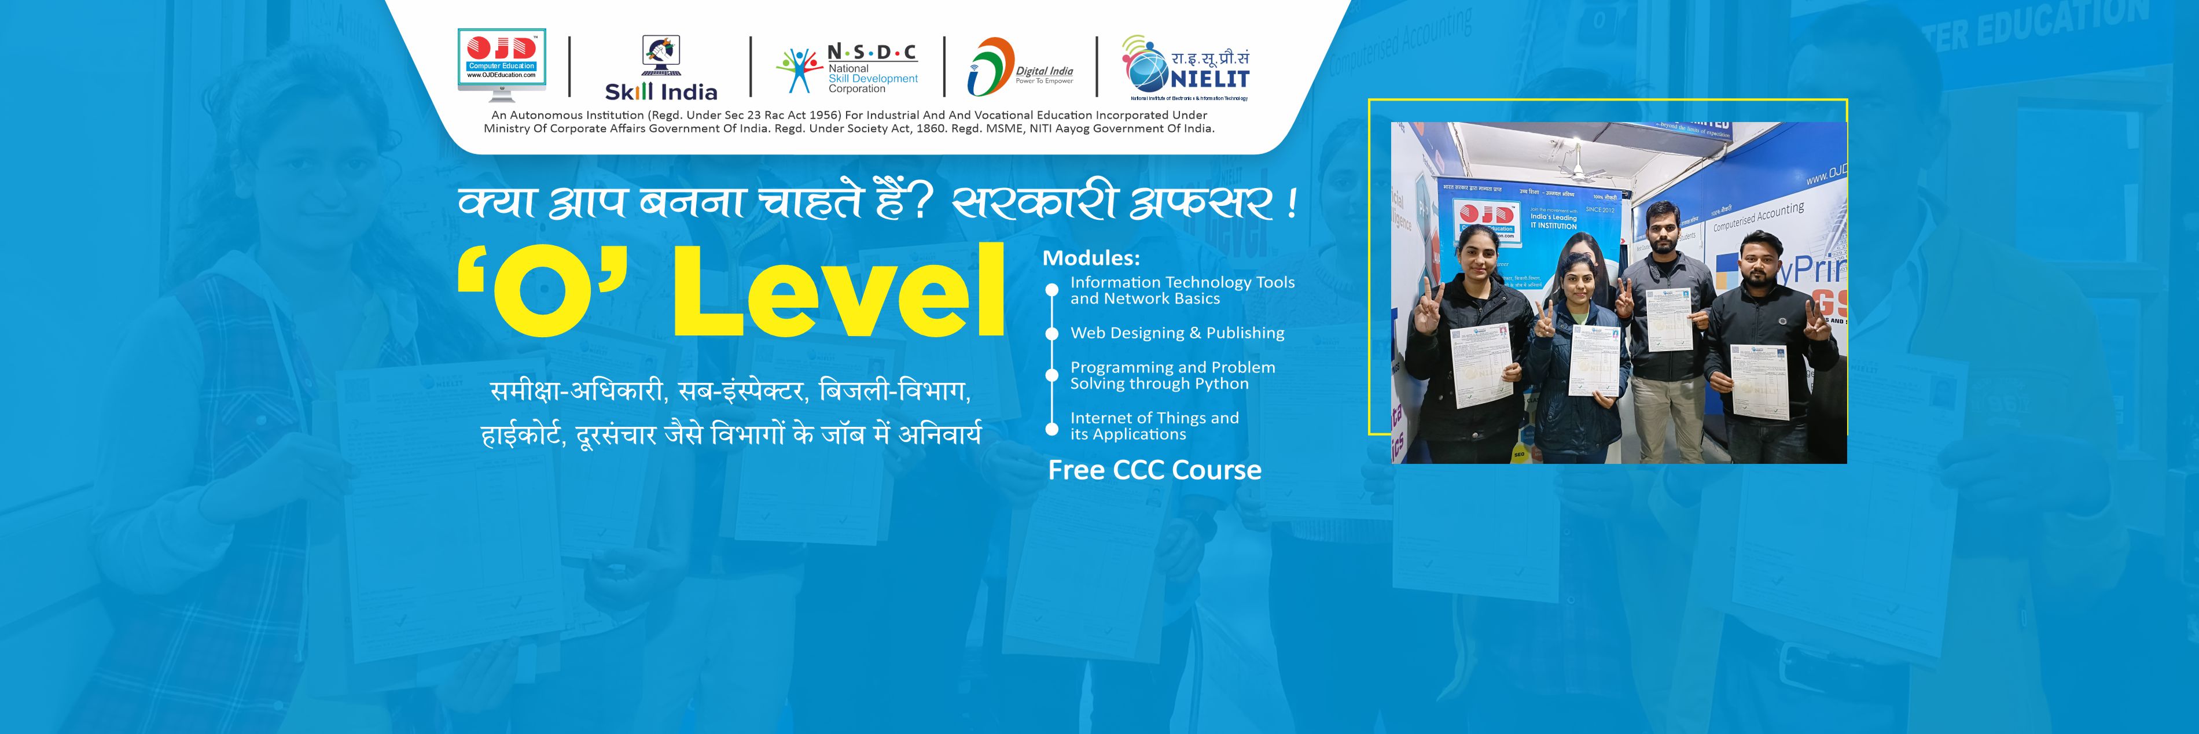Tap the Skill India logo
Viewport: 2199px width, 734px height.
(x=661, y=68)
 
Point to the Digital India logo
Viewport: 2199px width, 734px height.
(x=1020, y=67)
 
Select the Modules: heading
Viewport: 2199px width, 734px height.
(x=1091, y=258)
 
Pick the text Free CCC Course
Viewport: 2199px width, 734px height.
(x=1154, y=470)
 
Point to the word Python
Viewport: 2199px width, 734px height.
(x=1222, y=384)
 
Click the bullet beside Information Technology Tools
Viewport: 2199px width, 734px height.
(x=1051, y=290)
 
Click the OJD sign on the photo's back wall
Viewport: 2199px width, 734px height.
(x=1485, y=217)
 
